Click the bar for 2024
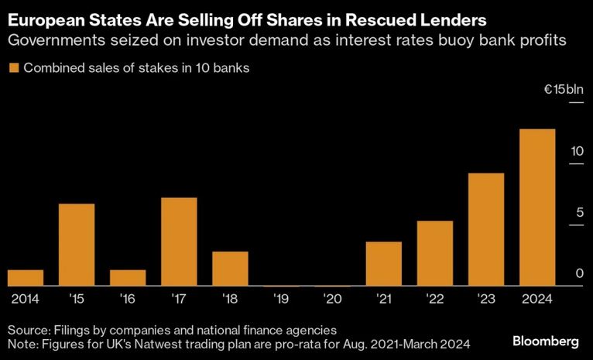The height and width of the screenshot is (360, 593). coord(536,207)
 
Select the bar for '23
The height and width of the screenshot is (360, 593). coord(485,230)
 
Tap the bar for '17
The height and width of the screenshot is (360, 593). coord(179,242)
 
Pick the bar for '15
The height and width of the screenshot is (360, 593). coord(77,245)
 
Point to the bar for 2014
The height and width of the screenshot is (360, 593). coord(26,278)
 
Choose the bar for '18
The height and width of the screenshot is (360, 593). coord(230,269)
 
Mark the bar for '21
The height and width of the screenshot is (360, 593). coord(383,264)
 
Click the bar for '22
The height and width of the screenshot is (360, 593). coord(434,254)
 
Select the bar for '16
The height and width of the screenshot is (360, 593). coord(128,278)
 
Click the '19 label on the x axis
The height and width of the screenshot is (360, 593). coord(281,298)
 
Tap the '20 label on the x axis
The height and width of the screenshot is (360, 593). coord(332,298)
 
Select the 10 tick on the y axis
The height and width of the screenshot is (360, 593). coord(577,152)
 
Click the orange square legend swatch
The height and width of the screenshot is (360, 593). coord(12,68)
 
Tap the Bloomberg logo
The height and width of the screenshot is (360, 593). coord(547,341)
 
